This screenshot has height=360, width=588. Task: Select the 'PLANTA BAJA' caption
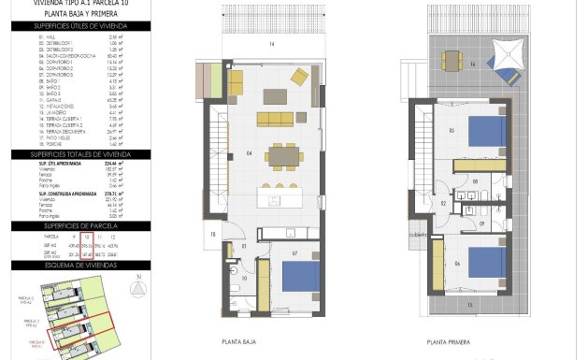[237, 342]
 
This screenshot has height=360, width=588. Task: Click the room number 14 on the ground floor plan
[272, 44]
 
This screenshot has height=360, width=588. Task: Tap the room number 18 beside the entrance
[213, 233]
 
